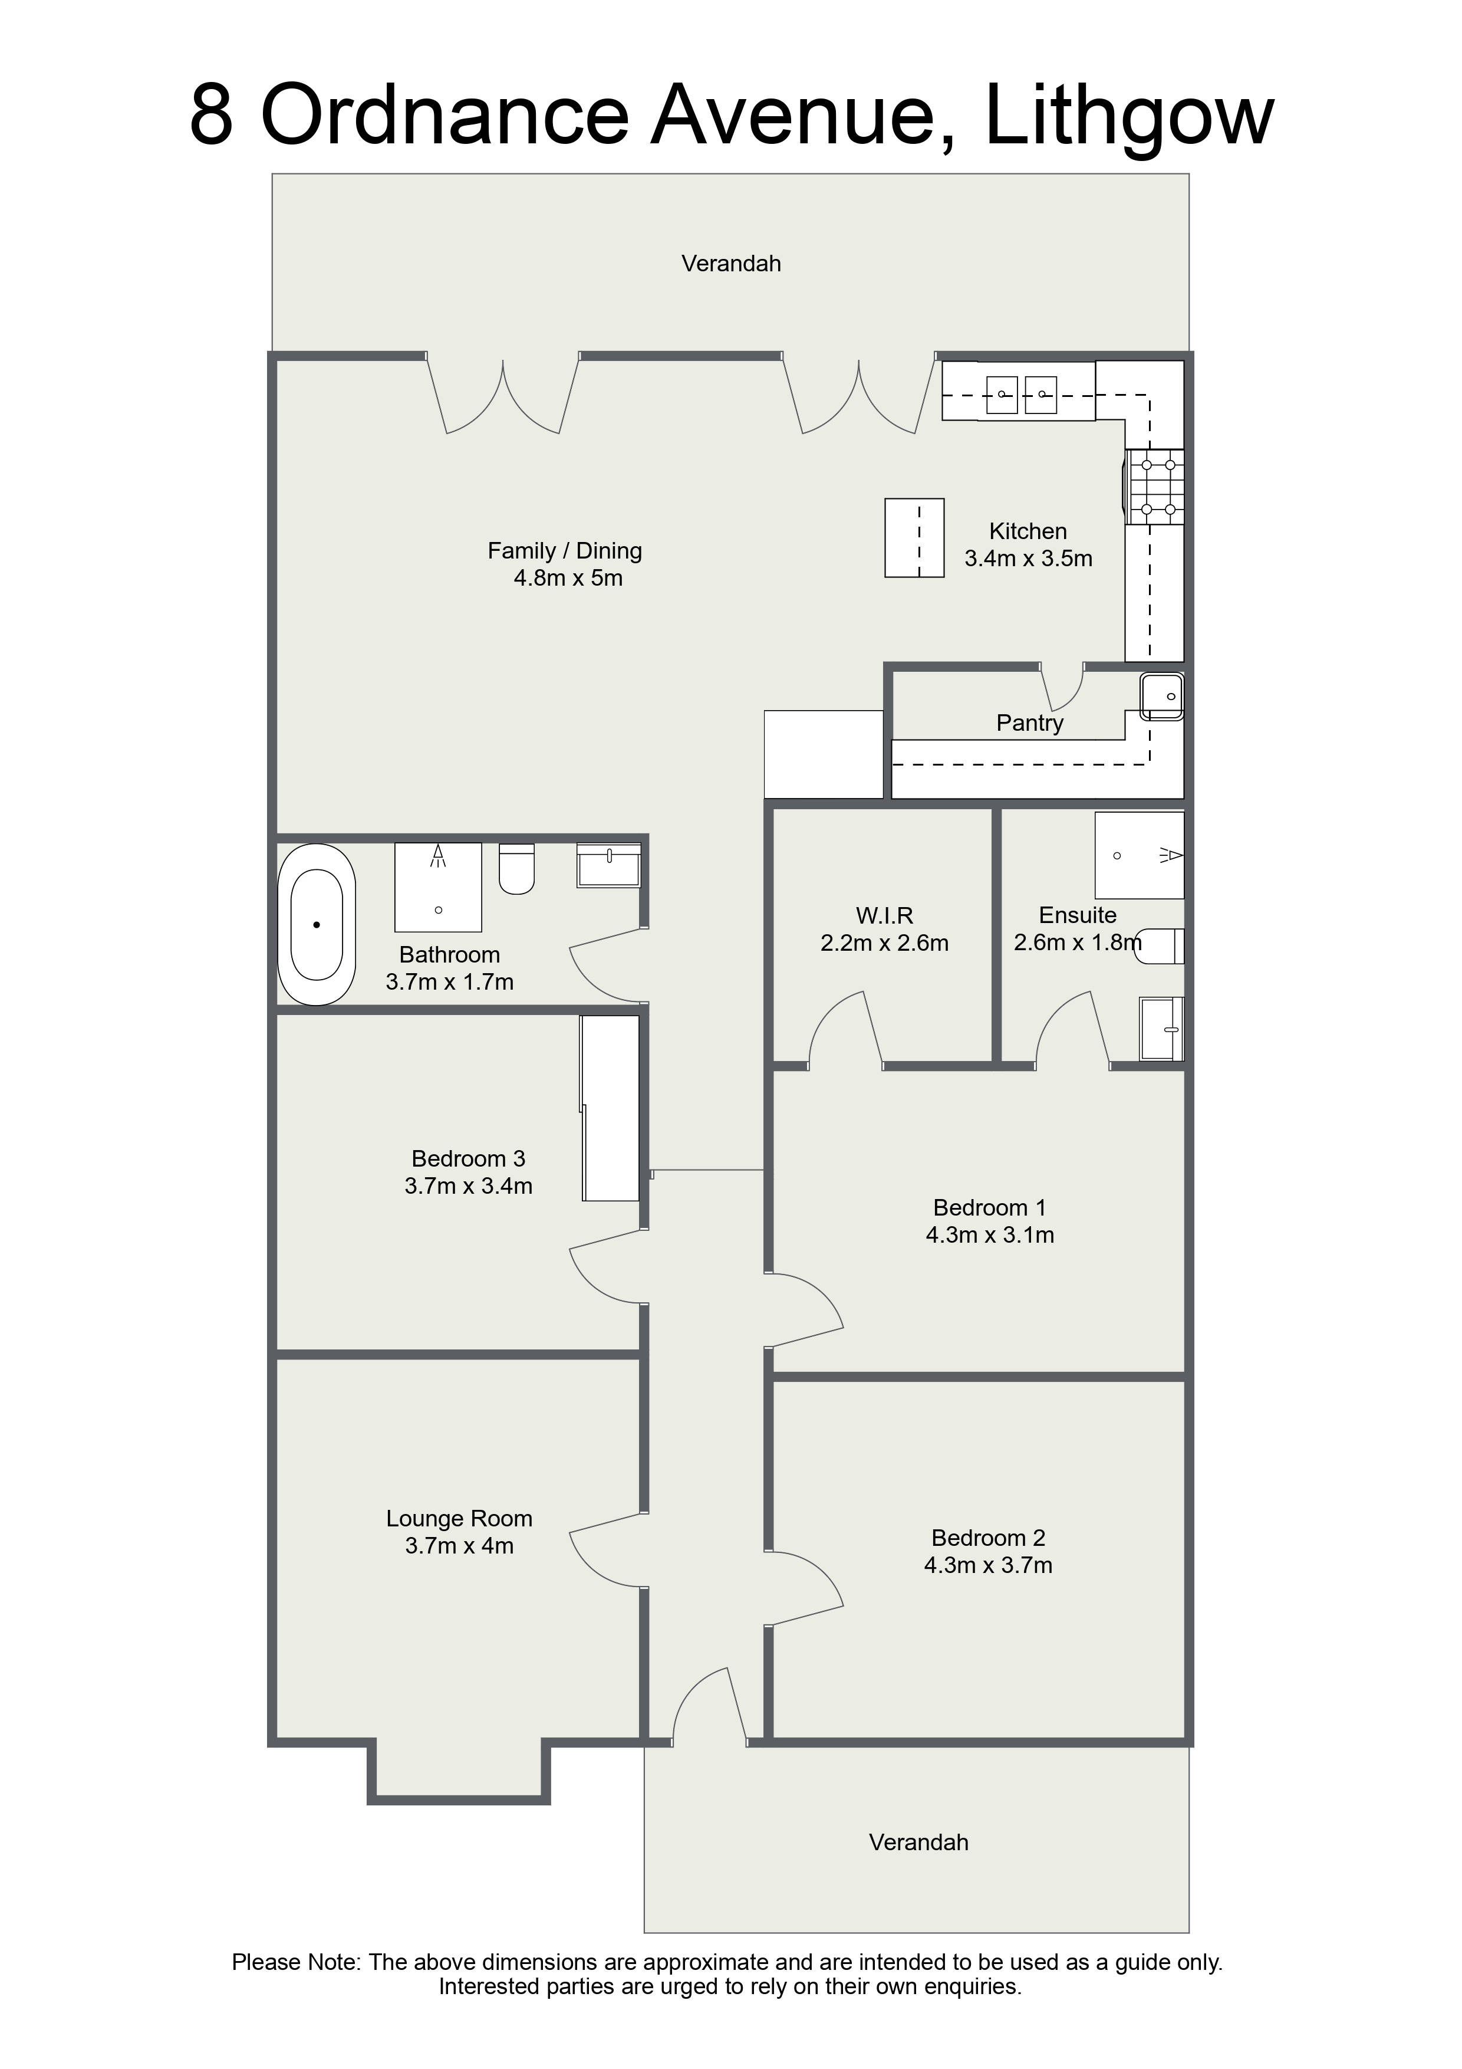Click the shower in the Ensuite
1140,855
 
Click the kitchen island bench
914,538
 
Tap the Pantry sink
1162,697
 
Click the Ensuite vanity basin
1162,1028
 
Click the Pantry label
1030,722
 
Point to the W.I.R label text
885,915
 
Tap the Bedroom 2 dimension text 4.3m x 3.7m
988,1565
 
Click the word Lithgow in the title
1130,117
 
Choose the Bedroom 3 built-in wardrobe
610,1108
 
